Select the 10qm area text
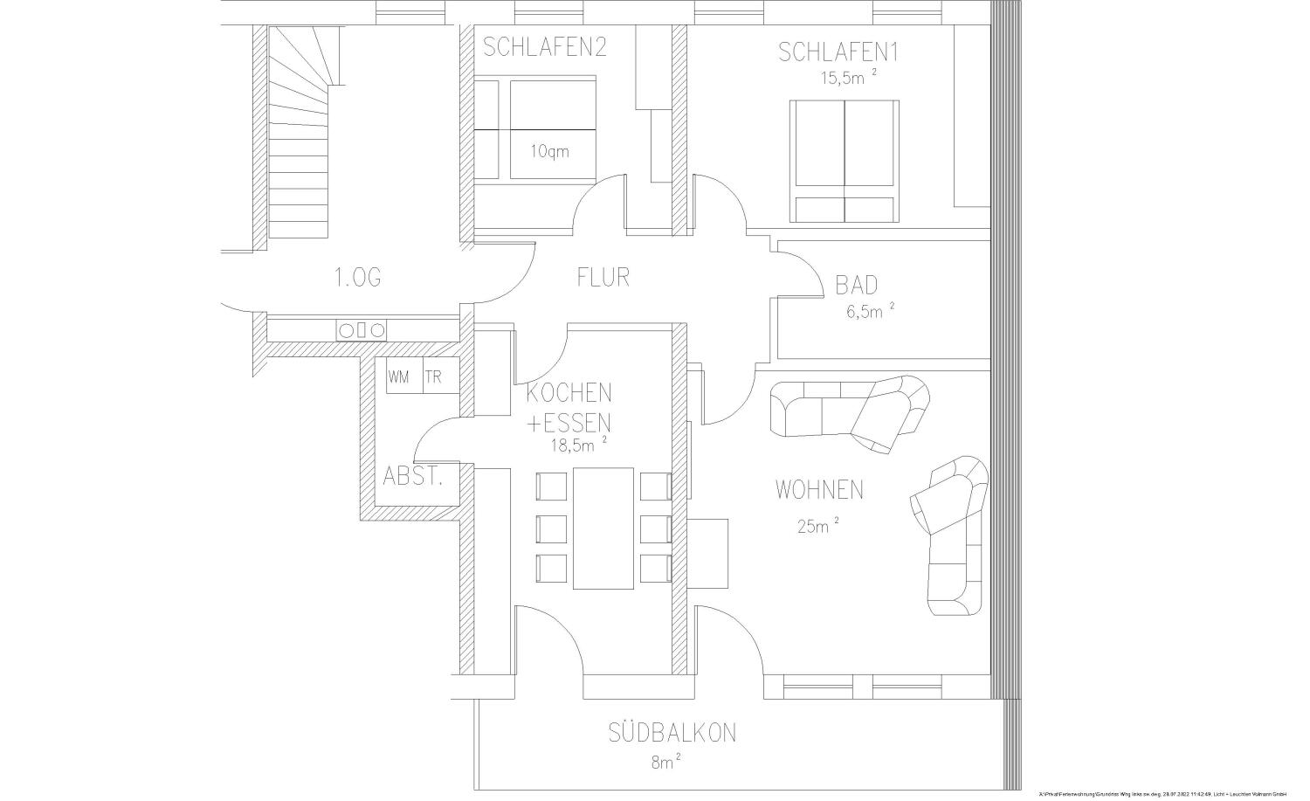[549, 151]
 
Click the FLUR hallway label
[603, 277]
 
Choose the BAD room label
[856, 286]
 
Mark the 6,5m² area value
[869, 312]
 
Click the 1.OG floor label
[357, 278]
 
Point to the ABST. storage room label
[413, 477]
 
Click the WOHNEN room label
[819, 490]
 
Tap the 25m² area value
[817, 525]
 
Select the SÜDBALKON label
[672, 732]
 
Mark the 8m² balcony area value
[665, 763]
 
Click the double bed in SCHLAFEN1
[844, 161]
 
